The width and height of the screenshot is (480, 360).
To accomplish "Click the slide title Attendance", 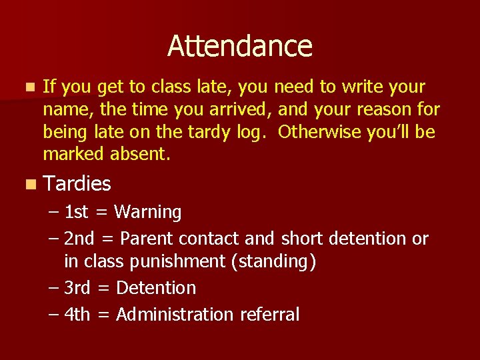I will click(x=240, y=46).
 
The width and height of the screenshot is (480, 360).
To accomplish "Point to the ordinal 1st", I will click(x=76, y=213).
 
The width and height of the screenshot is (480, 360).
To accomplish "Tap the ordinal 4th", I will click(x=77, y=314).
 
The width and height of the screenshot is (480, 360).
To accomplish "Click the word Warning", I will click(x=148, y=213).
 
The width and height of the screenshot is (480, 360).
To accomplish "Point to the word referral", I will click(x=268, y=314).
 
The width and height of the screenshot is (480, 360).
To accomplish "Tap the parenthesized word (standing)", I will click(x=273, y=262).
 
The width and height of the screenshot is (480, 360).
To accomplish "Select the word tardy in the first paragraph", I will click(x=209, y=132).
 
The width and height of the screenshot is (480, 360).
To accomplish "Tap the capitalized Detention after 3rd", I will click(x=156, y=288).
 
